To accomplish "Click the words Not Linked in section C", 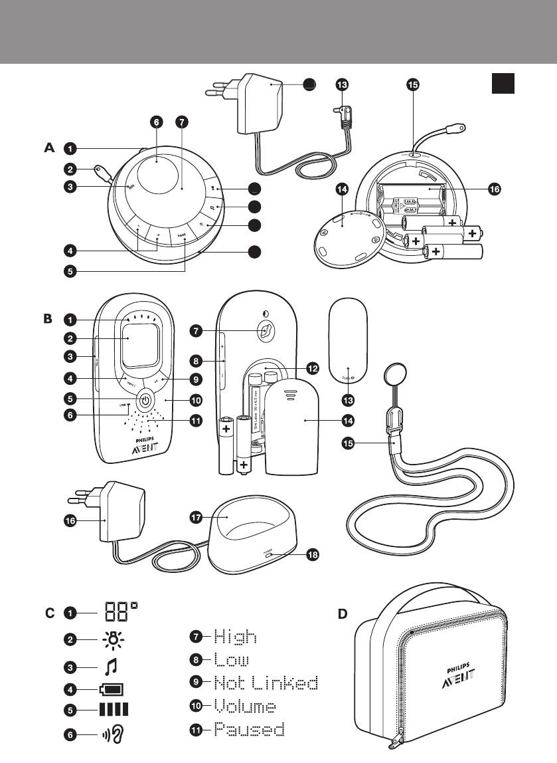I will [x=266, y=683].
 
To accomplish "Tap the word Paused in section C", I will [x=249, y=729].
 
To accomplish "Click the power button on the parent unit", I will [x=146, y=401].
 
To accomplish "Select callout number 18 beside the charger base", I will [x=311, y=556].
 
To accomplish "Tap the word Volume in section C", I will [x=245, y=705].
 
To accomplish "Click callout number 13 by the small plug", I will [x=341, y=84].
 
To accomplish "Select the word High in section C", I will [x=235, y=637].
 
